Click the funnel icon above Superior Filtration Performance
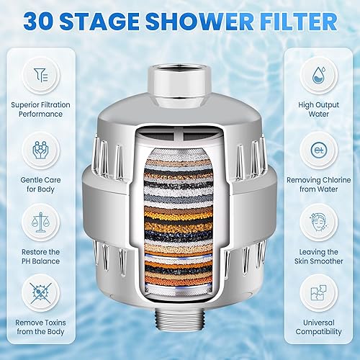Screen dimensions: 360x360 [39, 74]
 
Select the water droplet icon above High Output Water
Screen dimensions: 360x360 [319, 74]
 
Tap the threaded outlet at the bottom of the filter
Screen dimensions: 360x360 [179, 338]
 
